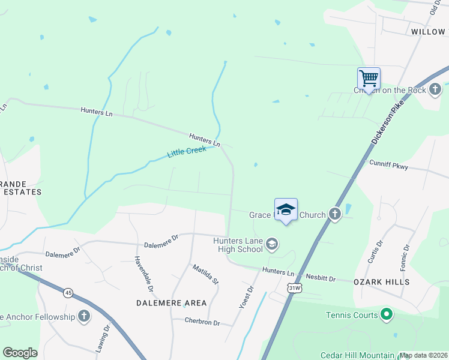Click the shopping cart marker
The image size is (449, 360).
pyautogui.click(x=369, y=78)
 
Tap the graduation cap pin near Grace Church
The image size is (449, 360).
pyautogui.click(x=286, y=209)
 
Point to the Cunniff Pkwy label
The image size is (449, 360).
pyautogui.click(x=388, y=163)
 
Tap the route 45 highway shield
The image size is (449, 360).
pyautogui.click(x=68, y=293)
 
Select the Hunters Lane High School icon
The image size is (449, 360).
pyautogui.click(x=272, y=243)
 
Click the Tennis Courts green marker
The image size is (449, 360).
pyautogui.click(x=387, y=314)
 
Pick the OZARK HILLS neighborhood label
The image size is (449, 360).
pyautogui.click(x=381, y=281)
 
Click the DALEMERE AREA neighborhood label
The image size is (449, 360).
pyautogui.click(x=171, y=303)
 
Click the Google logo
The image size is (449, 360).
pyautogui.click(x=20, y=353)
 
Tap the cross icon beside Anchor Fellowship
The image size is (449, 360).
pyautogui.click(x=83, y=316)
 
